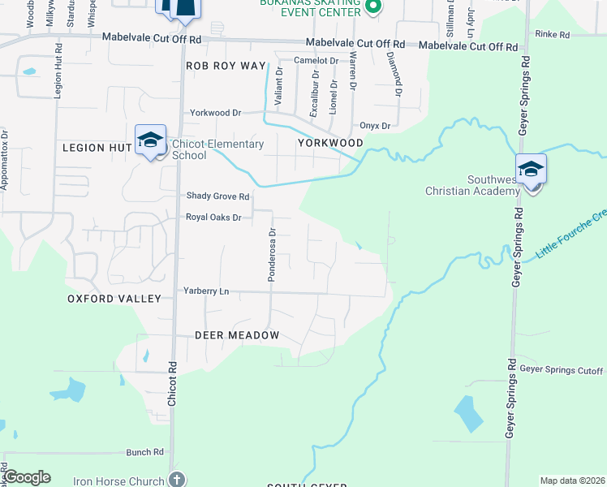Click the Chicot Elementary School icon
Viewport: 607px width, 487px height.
click(x=151, y=140)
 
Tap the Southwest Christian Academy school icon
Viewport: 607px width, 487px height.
click(x=531, y=170)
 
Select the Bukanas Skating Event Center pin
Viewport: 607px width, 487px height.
click(x=373, y=8)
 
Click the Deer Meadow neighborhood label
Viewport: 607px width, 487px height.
click(x=237, y=335)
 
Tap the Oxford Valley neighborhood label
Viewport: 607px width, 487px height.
click(x=114, y=299)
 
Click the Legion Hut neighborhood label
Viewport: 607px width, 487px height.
click(x=96, y=148)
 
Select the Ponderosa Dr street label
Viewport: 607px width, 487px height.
click(x=273, y=255)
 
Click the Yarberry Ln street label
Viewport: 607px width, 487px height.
click(x=206, y=291)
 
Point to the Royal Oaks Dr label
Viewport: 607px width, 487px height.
click(x=214, y=218)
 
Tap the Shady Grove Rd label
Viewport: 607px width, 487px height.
click(x=217, y=196)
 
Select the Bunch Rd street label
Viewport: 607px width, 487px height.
click(x=145, y=451)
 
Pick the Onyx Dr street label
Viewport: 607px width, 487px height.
click(x=375, y=127)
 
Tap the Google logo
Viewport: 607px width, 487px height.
click(x=27, y=477)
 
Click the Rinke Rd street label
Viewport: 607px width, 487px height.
click(x=552, y=35)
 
